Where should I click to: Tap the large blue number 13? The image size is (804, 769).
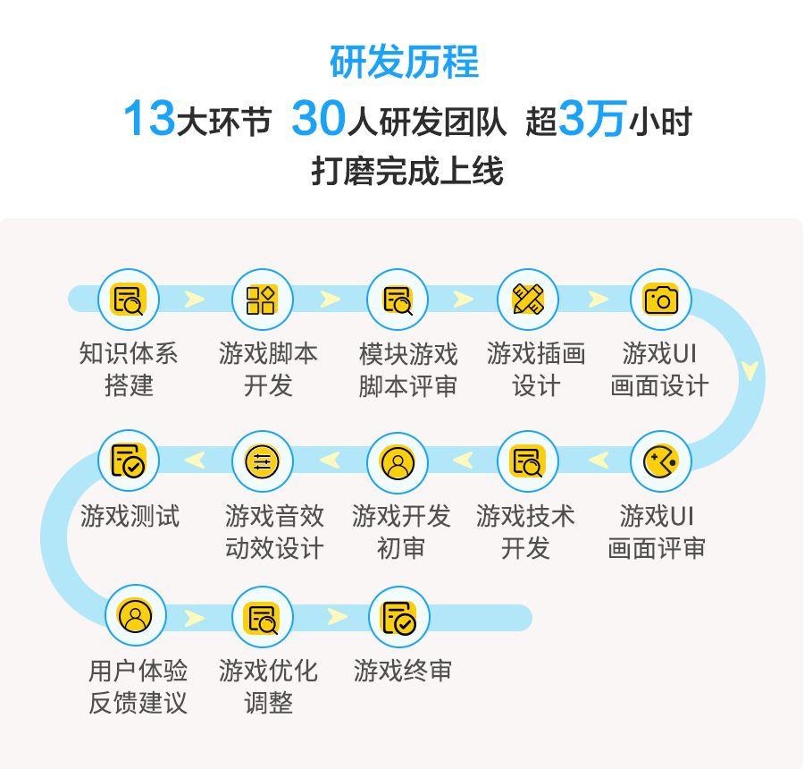point(148,119)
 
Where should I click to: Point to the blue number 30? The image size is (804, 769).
point(318,119)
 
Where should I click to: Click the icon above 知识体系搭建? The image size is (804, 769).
point(128,300)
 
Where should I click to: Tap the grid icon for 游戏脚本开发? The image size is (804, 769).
point(262,300)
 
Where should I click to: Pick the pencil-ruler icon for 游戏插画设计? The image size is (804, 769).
point(528,300)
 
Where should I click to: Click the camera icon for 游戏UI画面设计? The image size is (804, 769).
point(661,300)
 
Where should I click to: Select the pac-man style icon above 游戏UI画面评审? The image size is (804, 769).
point(661,461)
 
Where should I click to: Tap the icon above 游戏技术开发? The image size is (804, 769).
point(528,461)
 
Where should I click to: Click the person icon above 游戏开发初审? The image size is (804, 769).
point(398,461)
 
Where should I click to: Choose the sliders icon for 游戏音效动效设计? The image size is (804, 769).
point(262,461)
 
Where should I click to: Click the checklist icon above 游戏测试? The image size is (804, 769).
point(128,461)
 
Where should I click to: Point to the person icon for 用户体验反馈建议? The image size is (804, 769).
point(136,616)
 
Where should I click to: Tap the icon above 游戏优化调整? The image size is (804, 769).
point(262,616)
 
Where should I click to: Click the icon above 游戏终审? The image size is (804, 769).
point(398,616)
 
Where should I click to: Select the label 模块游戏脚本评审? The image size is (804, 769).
point(408,369)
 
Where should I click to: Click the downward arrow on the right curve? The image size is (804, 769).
point(750,368)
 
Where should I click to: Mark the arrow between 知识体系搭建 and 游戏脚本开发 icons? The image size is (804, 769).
point(195,300)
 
